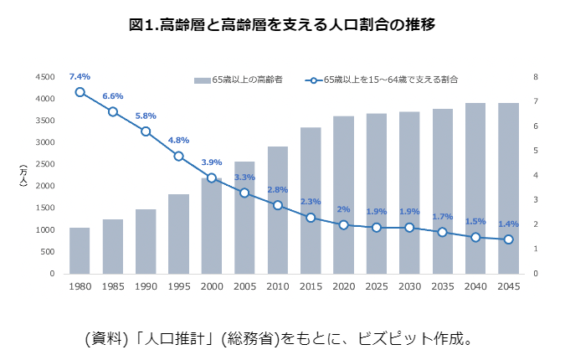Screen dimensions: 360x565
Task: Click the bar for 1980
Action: [80, 250]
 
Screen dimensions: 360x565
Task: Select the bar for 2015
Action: [311, 200]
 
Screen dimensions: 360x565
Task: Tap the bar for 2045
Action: [508, 188]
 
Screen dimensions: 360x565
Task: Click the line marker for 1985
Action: [113, 111]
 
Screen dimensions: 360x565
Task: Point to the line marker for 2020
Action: [343, 224]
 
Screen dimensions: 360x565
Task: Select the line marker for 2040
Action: [475, 237]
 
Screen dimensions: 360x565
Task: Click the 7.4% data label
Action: [80, 76]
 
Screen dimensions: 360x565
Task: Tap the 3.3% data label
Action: [244, 177]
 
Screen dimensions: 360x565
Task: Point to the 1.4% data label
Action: [508, 224]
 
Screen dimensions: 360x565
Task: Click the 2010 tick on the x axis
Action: [277, 286]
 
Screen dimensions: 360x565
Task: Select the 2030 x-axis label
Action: [409, 286]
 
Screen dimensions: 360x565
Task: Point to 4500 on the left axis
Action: [44, 77]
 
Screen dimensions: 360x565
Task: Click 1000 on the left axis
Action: [44, 230]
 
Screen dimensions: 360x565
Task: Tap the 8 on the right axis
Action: [535, 77]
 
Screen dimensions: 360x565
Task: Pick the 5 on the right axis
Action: [535, 151]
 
